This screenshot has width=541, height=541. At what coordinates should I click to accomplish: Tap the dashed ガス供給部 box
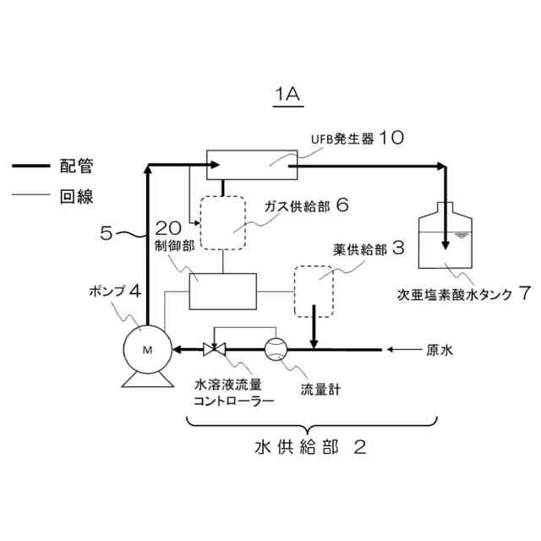click(x=222, y=225)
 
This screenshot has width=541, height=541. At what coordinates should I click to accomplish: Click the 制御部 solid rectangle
click(x=222, y=291)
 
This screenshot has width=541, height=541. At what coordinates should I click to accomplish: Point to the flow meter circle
click(x=276, y=347)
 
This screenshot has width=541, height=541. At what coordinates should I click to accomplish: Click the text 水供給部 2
click(x=310, y=446)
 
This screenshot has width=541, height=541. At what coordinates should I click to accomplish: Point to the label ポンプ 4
click(x=119, y=292)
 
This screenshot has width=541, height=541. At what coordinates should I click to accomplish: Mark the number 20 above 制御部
click(x=168, y=227)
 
